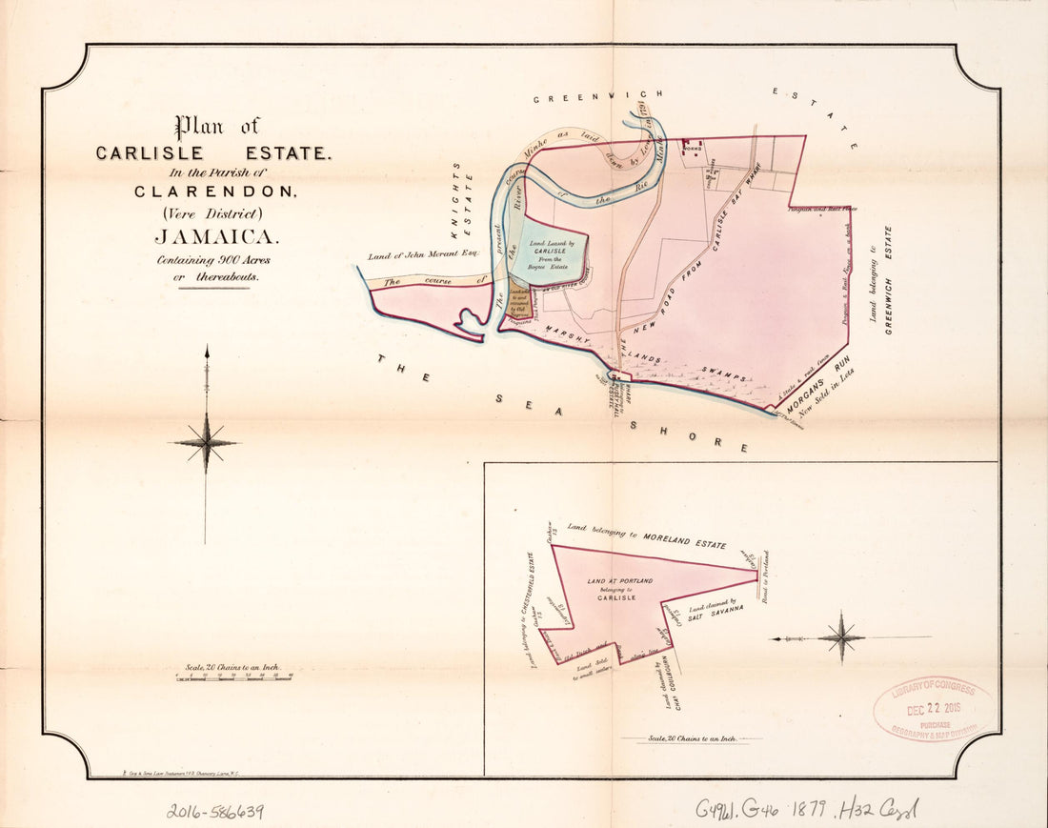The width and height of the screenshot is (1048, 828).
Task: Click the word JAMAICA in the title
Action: [x=216, y=237]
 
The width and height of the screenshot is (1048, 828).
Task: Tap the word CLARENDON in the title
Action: [x=216, y=191]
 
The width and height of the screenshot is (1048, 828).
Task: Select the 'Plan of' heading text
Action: [x=216, y=127]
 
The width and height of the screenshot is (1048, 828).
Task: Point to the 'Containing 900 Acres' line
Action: [x=209, y=260]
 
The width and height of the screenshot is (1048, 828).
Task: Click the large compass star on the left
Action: [x=206, y=443]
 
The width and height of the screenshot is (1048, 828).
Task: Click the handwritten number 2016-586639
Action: [x=215, y=811]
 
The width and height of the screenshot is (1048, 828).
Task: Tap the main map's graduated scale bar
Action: [x=234, y=677]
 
